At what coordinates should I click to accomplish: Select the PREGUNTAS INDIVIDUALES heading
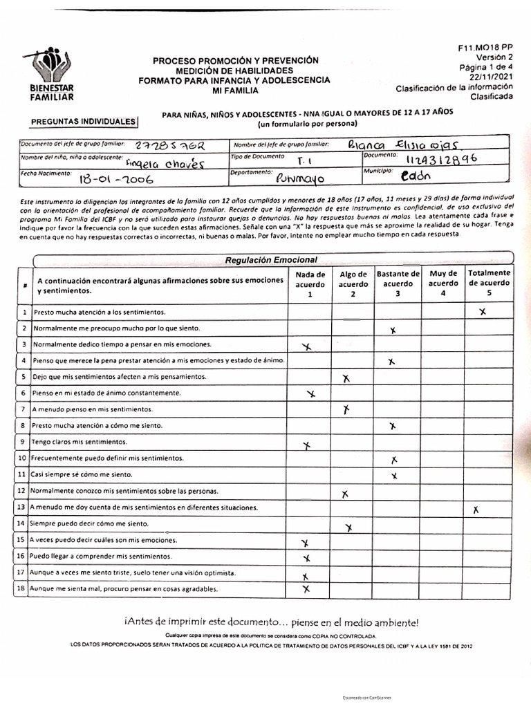point(84,122)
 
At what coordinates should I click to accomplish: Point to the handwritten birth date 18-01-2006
point(116,178)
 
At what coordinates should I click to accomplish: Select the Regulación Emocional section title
point(271,260)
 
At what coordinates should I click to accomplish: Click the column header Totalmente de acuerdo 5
point(490,283)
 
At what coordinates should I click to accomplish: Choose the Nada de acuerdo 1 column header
point(310,283)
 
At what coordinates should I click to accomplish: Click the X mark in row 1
point(483,312)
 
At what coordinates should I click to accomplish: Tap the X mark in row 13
point(476,510)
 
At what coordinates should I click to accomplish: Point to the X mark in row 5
point(346,378)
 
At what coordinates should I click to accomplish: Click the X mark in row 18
point(306,589)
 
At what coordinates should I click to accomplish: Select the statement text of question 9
point(80,441)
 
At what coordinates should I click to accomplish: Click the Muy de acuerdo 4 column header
point(443,283)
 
